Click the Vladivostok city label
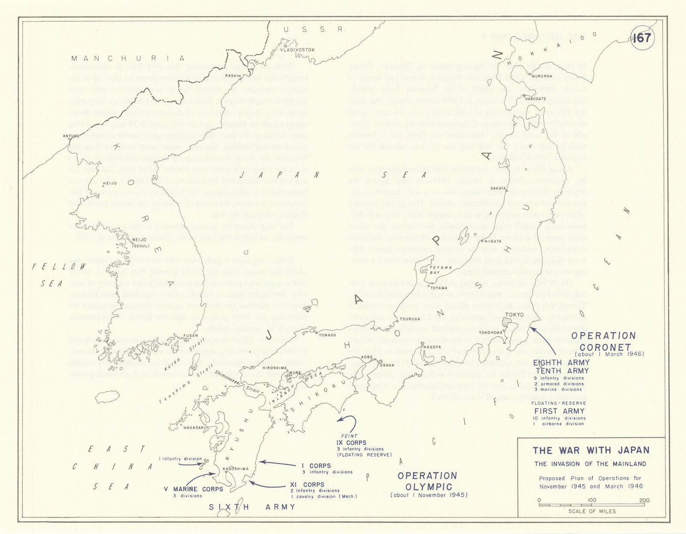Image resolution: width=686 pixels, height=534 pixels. (297, 50)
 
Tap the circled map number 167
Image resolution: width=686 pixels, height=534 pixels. (641, 38)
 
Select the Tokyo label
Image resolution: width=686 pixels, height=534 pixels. (514, 315)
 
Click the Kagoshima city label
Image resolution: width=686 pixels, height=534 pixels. (235, 468)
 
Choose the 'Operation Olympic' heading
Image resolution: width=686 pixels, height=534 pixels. (428, 481)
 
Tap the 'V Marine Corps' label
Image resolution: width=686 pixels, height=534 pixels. (193, 489)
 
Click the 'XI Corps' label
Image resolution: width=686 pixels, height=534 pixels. (307, 484)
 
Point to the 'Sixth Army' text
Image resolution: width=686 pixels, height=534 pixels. (252, 507)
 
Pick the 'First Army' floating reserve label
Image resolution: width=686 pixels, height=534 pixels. (559, 411)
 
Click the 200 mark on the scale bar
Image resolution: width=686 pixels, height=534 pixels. (644, 501)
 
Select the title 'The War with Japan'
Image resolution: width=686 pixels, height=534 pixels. (591, 450)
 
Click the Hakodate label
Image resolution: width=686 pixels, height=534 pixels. (536, 99)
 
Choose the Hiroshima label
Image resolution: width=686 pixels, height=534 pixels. (274, 368)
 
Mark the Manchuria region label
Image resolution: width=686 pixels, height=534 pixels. (128, 59)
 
